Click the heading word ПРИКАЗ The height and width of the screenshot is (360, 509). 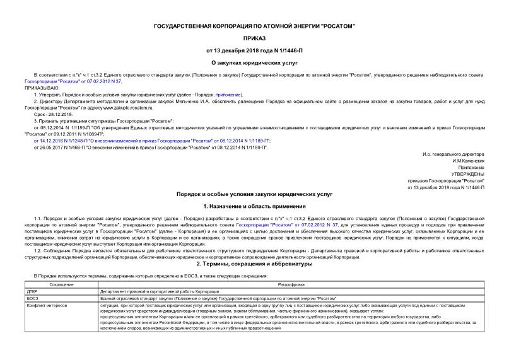coord(254,37)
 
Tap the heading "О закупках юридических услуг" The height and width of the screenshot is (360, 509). coord(254,62)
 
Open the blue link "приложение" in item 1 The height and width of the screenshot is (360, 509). coord(229,94)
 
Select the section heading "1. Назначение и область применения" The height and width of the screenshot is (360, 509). coord(254,206)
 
